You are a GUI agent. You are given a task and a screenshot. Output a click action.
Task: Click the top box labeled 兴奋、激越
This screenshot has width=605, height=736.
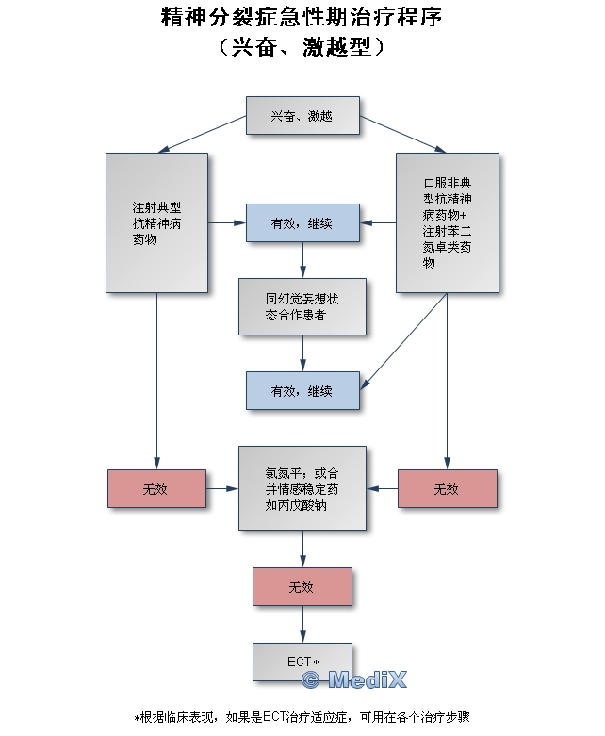(x=302, y=116)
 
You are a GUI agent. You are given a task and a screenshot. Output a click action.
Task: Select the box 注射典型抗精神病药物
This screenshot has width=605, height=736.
(x=156, y=222)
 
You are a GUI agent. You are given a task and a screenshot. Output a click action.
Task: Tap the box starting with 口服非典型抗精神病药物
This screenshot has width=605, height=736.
(x=447, y=222)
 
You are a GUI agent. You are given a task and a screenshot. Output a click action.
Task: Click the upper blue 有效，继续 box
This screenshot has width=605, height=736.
(x=302, y=223)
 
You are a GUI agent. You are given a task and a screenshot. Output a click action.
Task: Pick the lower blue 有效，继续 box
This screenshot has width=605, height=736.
(x=302, y=390)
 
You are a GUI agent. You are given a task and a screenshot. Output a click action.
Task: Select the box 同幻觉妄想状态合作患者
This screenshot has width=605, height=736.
(x=302, y=307)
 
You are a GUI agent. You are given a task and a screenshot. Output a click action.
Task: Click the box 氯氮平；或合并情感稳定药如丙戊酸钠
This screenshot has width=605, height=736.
(x=302, y=488)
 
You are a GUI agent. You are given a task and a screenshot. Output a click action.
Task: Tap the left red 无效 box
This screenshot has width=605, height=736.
(x=156, y=488)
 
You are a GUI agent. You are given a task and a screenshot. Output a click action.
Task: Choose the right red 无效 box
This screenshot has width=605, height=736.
(x=447, y=488)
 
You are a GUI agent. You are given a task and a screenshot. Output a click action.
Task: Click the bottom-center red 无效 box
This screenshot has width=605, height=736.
(x=302, y=586)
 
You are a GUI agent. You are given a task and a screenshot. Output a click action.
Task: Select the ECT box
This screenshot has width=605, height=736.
(x=302, y=662)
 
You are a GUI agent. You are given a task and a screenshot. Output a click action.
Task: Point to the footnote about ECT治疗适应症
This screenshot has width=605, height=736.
(x=302, y=717)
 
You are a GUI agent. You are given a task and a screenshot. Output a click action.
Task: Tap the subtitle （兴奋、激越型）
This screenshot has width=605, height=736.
(x=302, y=47)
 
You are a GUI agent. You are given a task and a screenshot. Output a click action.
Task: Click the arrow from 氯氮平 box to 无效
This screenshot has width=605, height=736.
(x=302, y=548)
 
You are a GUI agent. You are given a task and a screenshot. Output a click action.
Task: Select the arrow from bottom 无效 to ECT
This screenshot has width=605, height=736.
(x=302, y=624)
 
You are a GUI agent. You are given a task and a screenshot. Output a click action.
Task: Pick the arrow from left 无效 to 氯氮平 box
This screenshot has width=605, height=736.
(x=221, y=488)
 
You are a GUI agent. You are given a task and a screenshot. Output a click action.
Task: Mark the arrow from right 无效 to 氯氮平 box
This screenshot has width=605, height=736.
(x=383, y=488)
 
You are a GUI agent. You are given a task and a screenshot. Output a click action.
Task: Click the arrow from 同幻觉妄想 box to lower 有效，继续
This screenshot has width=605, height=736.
(x=302, y=353)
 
